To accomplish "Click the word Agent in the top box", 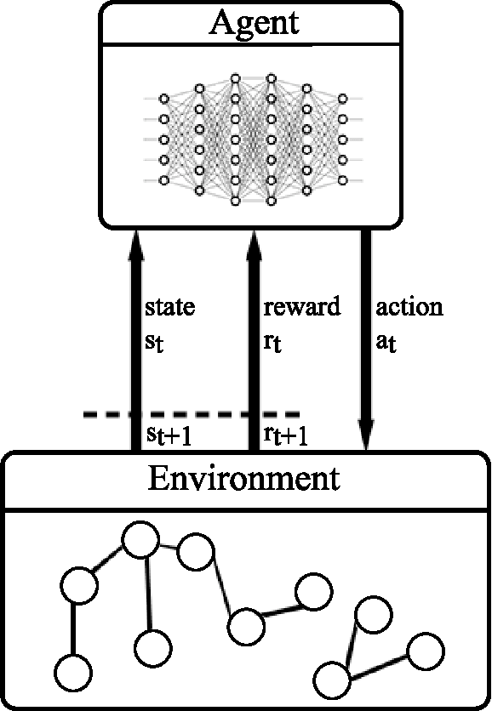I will [255, 22].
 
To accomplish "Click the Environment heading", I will [243, 478].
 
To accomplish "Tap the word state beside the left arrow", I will [169, 307].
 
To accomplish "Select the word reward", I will [301, 307].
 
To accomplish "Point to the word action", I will [409, 307].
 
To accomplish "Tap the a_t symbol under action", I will [386, 345].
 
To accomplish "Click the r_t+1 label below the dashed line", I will [285, 435].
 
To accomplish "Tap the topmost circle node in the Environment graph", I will [140, 538].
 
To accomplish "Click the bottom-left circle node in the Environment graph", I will [74, 671].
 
